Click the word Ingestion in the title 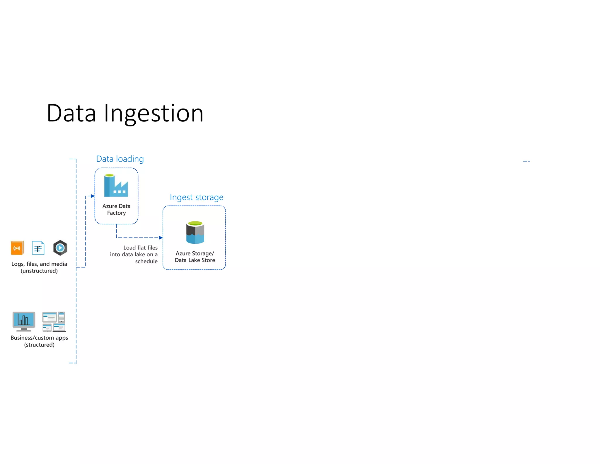[154, 114]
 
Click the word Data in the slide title [71, 114]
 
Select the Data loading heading [120, 159]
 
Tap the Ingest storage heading [196, 197]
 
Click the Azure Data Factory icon [116, 186]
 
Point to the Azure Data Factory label [116, 209]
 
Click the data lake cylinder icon [195, 233]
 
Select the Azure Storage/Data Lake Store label [195, 257]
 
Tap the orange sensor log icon [17, 248]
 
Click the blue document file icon [38, 248]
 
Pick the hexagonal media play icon [60, 248]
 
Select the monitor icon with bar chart [24, 321]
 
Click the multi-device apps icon [54, 321]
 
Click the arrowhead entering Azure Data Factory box [93, 196]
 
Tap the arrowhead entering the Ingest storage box [161, 238]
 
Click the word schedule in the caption [146, 261]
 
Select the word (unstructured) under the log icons [39, 271]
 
